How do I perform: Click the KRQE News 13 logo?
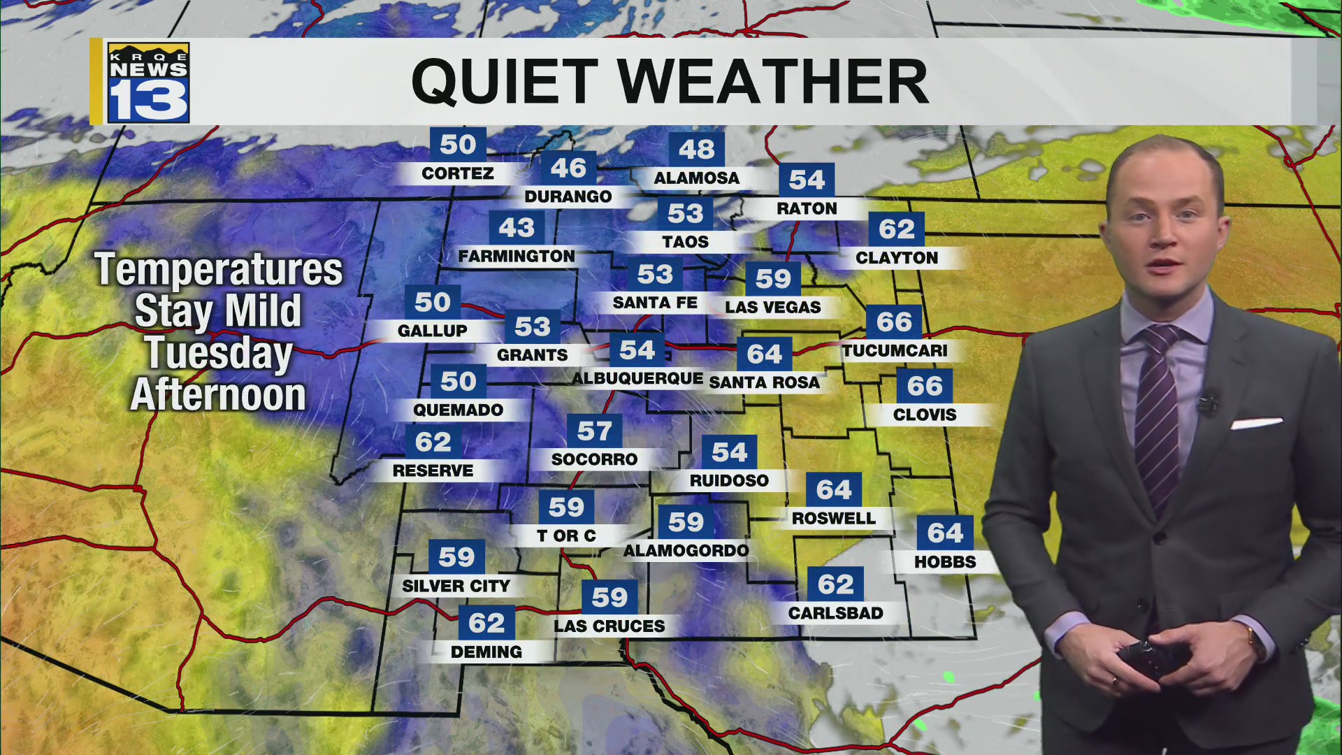[x=148, y=82]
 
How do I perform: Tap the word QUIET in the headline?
[x=504, y=82]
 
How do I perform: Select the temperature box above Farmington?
[x=517, y=228]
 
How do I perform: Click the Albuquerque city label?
[x=637, y=378]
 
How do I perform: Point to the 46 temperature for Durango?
[x=568, y=168]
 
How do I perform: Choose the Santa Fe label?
[x=655, y=303]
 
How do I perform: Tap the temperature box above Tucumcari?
[x=894, y=322]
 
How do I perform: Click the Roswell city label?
[x=833, y=518]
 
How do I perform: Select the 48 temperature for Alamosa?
[x=696, y=149]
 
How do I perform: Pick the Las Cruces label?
[x=609, y=626]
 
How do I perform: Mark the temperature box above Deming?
[x=486, y=623]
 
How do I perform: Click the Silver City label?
[x=456, y=586]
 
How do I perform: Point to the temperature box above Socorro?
[x=594, y=431]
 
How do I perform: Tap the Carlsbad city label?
[x=835, y=613]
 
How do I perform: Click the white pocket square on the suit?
[x=1256, y=423]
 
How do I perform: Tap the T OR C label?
[x=566, y=535]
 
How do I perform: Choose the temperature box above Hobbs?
[x=945, y=533]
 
